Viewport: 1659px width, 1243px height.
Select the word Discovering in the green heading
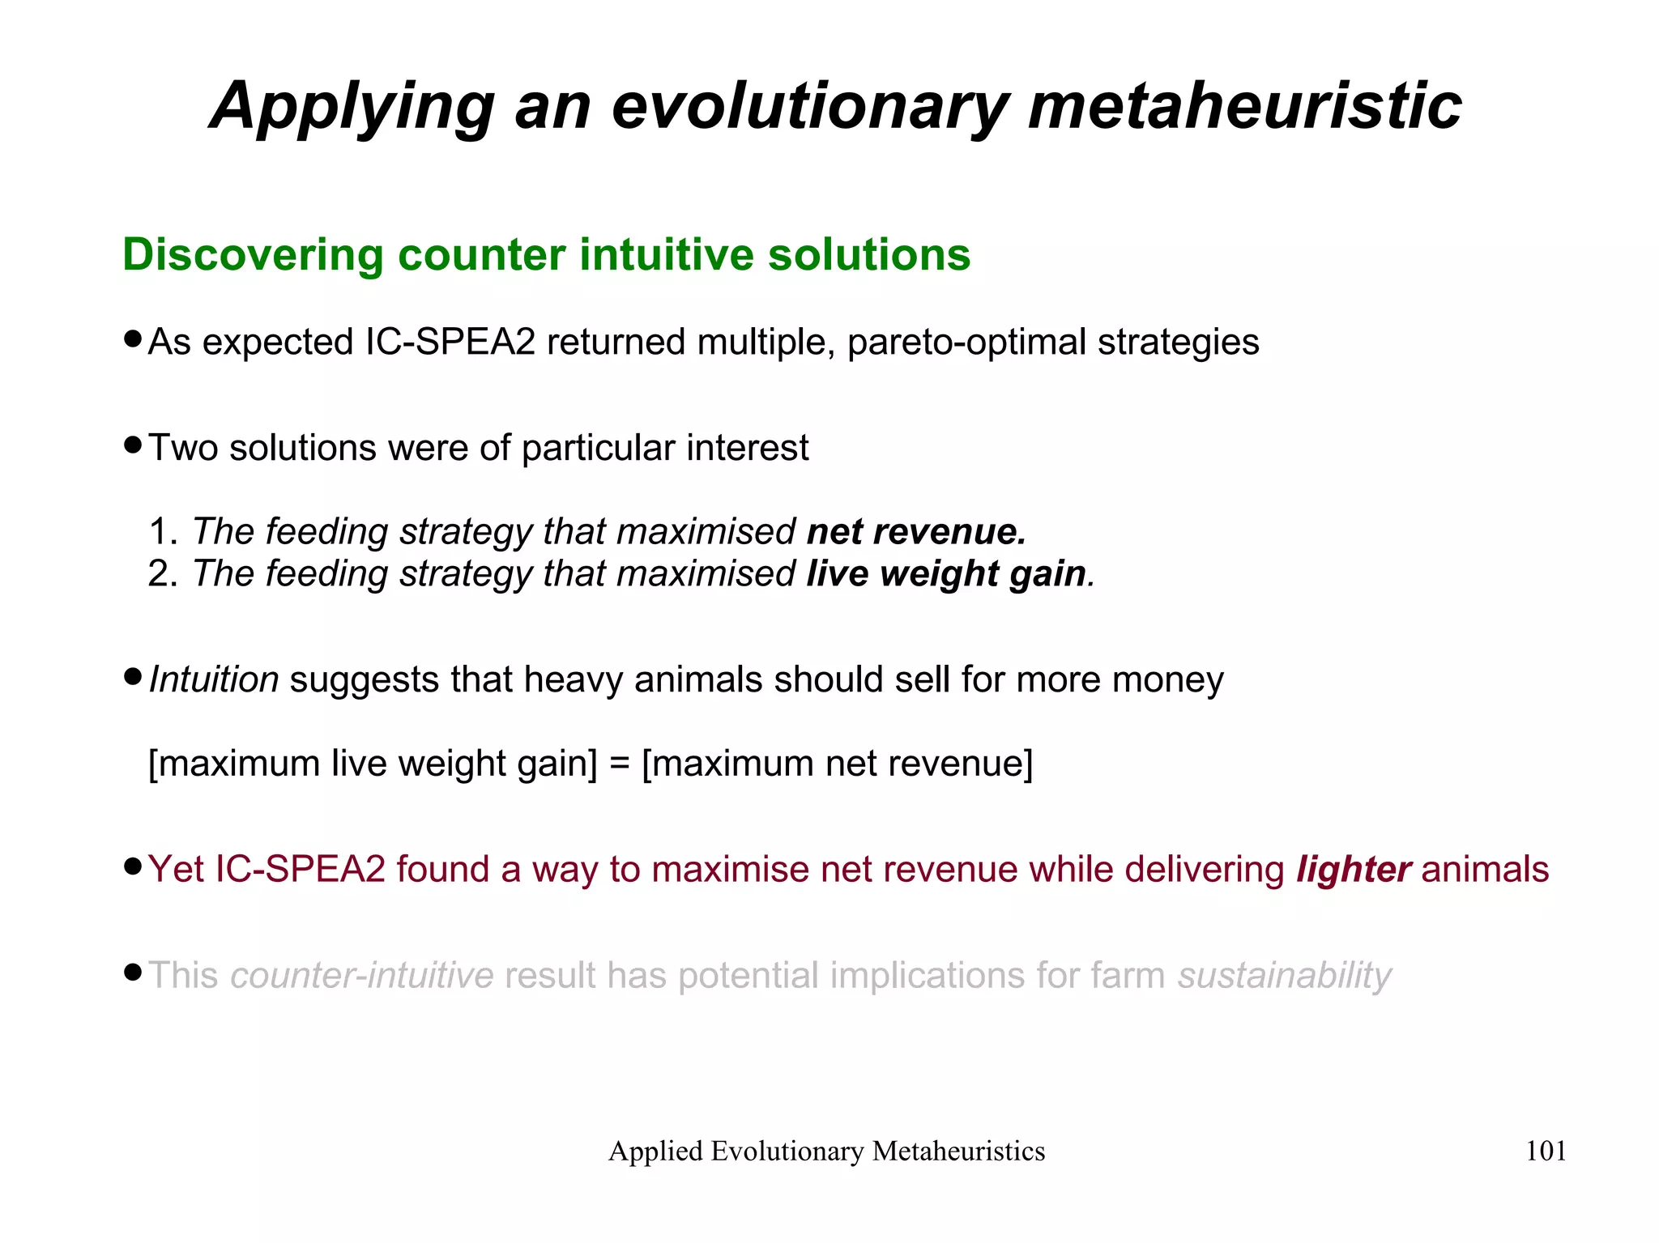252,254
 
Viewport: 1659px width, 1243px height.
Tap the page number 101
1546,1151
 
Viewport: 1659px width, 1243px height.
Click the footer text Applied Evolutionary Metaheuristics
826,1151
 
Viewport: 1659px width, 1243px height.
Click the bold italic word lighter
1354,869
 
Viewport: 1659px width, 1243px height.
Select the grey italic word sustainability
1285,975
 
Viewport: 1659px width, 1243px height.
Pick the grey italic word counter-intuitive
362,975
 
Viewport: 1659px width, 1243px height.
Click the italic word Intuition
214,679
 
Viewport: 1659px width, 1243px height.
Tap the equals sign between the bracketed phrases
620,764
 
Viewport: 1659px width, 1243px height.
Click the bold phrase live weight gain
946,574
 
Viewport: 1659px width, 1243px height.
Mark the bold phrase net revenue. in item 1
916,532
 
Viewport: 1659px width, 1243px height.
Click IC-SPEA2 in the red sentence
300,869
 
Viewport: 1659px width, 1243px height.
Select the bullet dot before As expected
133,339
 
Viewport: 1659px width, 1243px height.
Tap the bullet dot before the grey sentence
133,972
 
